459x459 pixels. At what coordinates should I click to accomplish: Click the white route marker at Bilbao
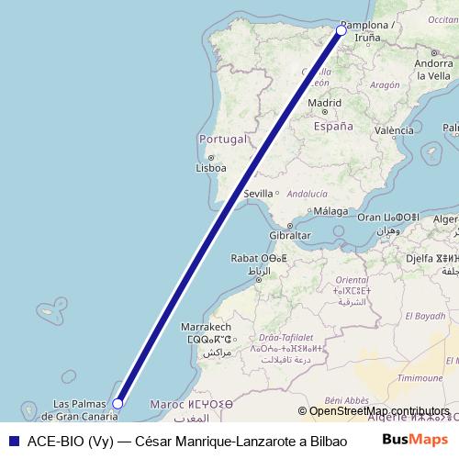coord(341,30)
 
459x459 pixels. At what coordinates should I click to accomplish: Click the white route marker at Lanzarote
coord(118,402)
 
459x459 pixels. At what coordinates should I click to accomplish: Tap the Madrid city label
coord(324,103)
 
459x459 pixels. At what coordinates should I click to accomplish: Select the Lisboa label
coord(211,168)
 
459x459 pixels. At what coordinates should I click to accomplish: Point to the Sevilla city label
coord(259,194)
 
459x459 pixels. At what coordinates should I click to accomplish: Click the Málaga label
coord(330,211)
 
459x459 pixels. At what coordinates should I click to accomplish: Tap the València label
coord(394,130)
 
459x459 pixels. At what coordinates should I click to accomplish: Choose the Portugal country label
coord(223,140)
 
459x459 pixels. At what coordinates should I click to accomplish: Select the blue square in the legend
coord(11,440)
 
